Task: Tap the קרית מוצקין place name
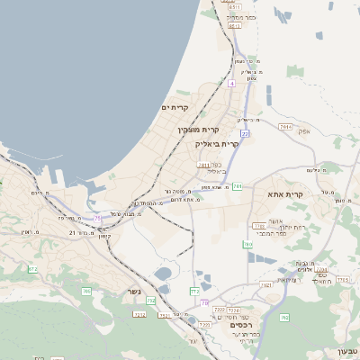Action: point(198,130)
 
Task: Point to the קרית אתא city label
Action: point(286,193)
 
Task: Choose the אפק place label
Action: point(303,130)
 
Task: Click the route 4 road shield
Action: point(231,83)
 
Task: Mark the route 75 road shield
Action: point(97,219)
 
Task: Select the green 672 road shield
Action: point(32,269)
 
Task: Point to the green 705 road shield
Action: point(86,291)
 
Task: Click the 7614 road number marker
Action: point(285,127)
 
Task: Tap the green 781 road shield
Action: point(237,186)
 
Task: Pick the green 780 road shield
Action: point(247,244)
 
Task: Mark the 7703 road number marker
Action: point(260,226)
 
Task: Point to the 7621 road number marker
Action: point(265,284)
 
